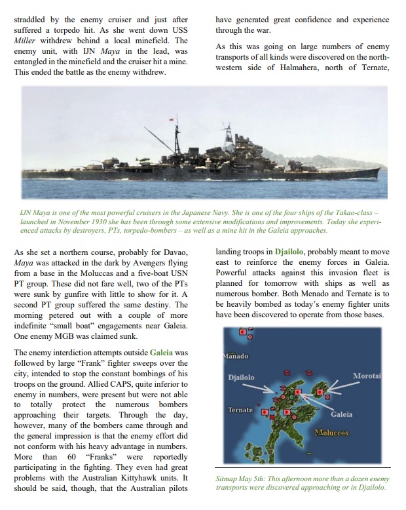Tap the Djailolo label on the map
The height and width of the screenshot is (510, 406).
(x=241, y=378)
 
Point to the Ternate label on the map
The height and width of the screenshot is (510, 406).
(x=240, y=410)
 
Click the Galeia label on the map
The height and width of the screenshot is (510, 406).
(x=341, y=415)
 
